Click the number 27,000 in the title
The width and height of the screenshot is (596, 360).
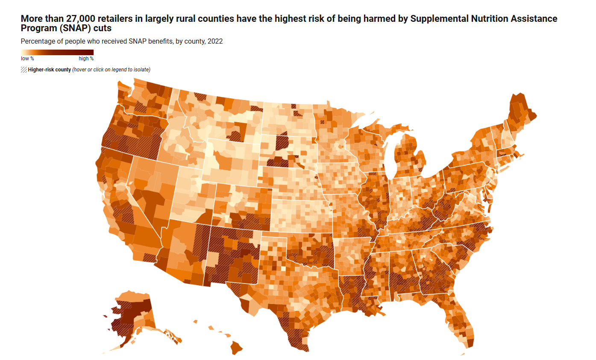pos(80,19)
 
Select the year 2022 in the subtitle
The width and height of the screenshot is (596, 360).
pos(214,41)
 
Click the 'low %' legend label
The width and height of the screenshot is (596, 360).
pos(27,59)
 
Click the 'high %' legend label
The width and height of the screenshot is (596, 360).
pos(86,59)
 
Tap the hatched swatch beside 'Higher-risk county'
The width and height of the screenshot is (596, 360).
pos(23,69)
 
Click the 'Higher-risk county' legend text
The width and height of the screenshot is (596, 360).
pos(49,70)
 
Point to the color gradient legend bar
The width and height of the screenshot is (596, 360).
pos(57,53)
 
